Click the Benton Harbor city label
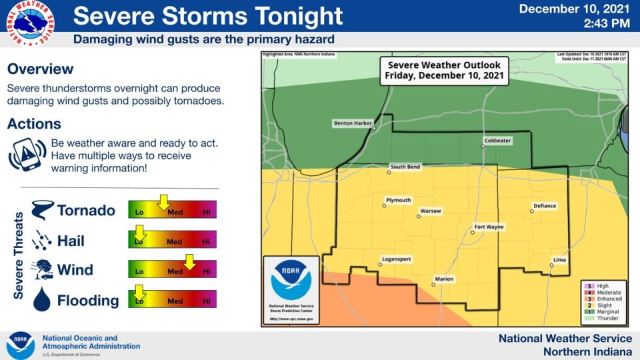(x=353, y=123)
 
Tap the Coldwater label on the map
(x=497, y=141)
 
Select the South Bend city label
(x=405, y=167)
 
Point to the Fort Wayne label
(x=489, y=227)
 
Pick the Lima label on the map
(x=560, y=259)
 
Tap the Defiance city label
(x=545, y=206)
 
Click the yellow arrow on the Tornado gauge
(x=163, y=201)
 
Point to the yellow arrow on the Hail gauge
(x=139, y=233)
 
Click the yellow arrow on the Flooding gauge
(x=139, y=291)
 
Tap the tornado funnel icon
(x=42, y=210)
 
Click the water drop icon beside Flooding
(x=42, y=299)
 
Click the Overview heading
(x=40, y=69)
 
